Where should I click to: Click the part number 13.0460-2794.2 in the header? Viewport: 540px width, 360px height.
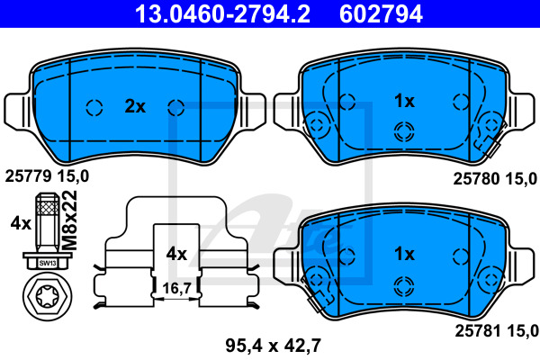pyautogui.click(x=222, y=13)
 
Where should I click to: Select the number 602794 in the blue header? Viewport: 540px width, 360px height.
pyautogui.click(x=381, y=13)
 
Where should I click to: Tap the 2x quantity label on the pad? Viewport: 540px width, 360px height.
pyautogui.click(x=135, y=106)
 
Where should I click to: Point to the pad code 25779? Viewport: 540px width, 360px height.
pyautogui.click(x=28, y=176)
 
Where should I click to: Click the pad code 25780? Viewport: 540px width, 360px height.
pyautogui.click(x=476, y=179)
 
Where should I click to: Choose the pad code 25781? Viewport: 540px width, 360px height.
pyautogui.click(x=478, y=331)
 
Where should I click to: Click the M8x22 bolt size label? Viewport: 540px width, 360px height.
pyautogui.click(x=69, y=220)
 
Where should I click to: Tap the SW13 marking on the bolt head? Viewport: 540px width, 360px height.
pyautogui.click(x=47, y=264)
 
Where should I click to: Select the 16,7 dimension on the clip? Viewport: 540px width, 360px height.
pyautogui.click(x=176, y=288)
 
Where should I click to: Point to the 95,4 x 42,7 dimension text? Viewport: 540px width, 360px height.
pyautogui.click(x=274, y=346)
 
